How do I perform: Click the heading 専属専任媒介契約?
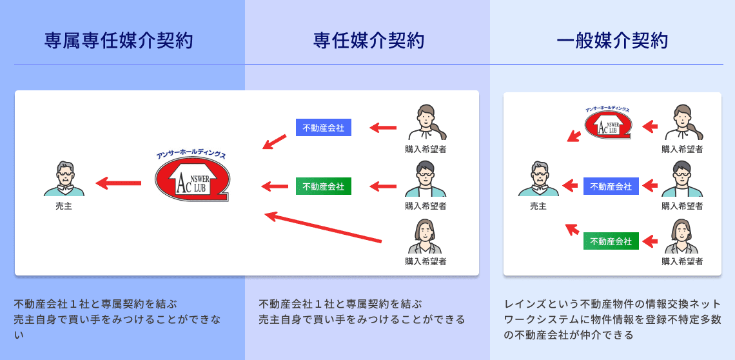[119, 41]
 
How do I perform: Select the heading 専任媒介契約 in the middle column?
[368, 41]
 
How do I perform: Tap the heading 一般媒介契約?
[612, 41]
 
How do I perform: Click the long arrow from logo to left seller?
[119, 183]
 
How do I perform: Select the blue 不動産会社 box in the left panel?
[323, 128]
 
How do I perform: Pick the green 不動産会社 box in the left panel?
[323, 186]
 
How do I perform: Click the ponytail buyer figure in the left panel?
[426, 123]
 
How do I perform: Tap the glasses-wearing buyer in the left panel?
[426, 179]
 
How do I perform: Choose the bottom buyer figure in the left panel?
[425, 236]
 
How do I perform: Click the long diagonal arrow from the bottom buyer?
[322, 228]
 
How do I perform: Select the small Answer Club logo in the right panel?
[608, 125]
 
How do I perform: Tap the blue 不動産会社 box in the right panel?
[611, 186]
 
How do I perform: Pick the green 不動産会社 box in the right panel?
[611, 241]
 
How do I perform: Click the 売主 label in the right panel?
[538, 206]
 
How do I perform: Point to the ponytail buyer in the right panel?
[683, 123]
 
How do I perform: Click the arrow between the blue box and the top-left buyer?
[383, 128]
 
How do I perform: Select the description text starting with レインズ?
[612, 319]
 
